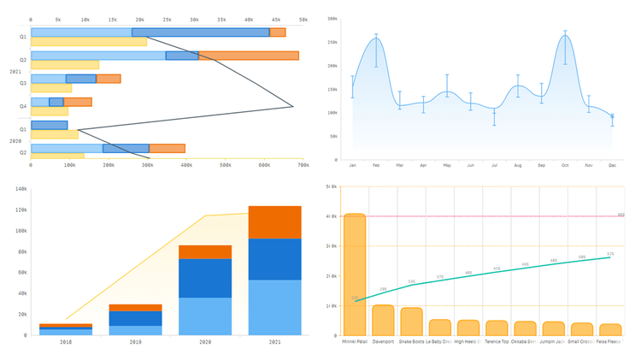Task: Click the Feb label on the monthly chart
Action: tap(376, 165)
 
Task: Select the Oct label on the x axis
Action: tap(565, 165)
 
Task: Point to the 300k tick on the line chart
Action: tap(332, 17)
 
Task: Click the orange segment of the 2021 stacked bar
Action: tap(275, 222)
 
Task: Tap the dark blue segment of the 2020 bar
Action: tap(205, 278)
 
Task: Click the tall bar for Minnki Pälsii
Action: tap(355, 274)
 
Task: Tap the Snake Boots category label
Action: tap(412, 342)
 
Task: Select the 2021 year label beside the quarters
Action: tap(15, 72)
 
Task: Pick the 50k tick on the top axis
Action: tap(303, 18)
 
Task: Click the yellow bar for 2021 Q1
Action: tap(89, 42)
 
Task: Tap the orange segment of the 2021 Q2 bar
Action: tap(248, 56)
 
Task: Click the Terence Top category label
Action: tap(497, 342)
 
